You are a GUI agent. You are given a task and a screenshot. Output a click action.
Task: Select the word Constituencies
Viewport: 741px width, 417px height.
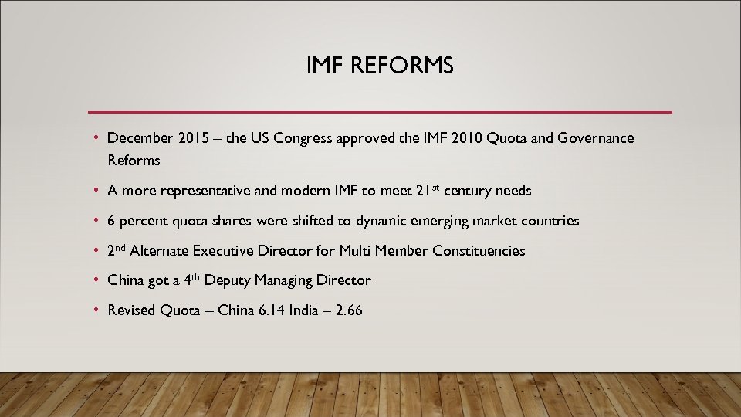(x=479, y=251)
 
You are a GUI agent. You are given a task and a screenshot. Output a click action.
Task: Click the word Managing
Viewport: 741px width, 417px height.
(x=284, y=280)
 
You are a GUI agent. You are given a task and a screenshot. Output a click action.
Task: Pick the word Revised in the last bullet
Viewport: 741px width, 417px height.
(x=131, y=310)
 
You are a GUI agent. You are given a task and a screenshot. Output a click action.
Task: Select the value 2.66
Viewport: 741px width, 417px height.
(x=349, y=310)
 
